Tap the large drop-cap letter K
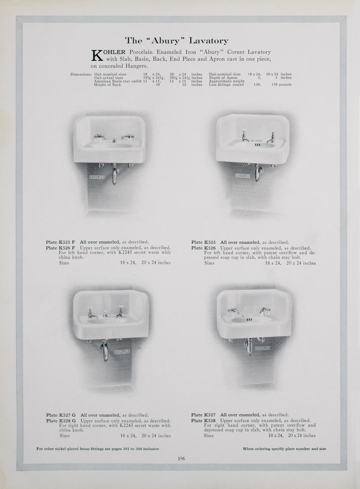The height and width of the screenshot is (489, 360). [x=97, y=55]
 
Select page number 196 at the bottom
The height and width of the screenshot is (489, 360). [x=181, y=459]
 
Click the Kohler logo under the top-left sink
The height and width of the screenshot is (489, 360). [x=97, y=177]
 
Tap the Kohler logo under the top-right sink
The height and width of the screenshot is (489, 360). [x=243, y=175]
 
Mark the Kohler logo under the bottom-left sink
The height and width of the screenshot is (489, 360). [x=122, y=352]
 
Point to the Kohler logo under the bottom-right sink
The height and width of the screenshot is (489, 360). [x=262, y=348]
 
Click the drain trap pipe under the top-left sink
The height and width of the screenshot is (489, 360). [x=114, y=174]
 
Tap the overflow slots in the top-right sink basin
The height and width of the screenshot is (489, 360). [x=257, y=145]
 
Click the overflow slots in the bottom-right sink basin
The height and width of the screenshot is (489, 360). [x=249, y=320]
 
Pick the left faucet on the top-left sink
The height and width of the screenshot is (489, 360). [x=99, y=137]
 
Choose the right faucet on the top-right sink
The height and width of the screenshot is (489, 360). [x=271, y=137]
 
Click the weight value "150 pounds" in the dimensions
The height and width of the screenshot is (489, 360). [x=281, y=85]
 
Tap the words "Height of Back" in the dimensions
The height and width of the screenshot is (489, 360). [x=107, y=85]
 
